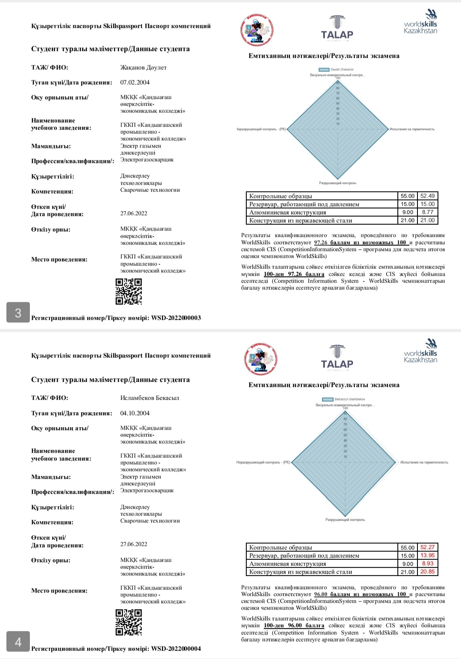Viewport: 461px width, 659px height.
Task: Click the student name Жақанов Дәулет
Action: (143, 68)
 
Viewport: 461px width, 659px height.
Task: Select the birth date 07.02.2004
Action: (135, 82)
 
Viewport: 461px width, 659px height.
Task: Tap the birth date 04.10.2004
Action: (135, 413)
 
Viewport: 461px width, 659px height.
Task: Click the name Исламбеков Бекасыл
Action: (149, 398)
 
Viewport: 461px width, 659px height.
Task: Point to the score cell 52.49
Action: (427, 196)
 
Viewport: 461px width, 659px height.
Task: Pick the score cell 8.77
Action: (427, 212)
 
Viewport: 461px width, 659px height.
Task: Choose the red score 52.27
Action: (427, 547)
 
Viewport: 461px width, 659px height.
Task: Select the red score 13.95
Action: (427, 555)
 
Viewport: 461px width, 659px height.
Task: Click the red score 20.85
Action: (427, 571)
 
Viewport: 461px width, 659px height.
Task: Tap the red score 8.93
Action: (427, 563)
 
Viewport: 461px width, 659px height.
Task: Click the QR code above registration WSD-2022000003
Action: (128, 291)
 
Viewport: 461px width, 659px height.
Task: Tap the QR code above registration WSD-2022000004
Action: (128, 622)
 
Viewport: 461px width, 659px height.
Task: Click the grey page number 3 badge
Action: (18, 312)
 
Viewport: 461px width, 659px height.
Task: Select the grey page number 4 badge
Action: (18, 642)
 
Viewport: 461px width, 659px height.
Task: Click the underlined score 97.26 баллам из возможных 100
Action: (361, 242)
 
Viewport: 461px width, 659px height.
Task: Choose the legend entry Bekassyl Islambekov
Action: (344, 399)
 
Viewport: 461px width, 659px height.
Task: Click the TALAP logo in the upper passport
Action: (337, 28)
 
